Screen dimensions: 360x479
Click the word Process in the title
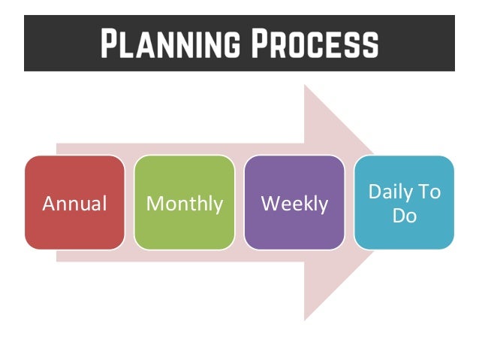pos(315,44)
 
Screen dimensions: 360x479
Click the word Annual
pos(74,204)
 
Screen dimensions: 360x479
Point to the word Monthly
pos(184,204)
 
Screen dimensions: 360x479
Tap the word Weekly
pos(294,204)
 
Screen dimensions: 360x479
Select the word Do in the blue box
pos(404,216)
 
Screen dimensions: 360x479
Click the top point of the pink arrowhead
pos(305,85)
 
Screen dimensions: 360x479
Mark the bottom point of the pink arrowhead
pos(305,319)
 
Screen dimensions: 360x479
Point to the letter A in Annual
pos(48,204)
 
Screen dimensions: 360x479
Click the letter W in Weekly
pos(269,204)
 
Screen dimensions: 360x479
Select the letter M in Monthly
pos(154,204)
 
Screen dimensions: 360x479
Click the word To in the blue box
pos(429,192)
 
